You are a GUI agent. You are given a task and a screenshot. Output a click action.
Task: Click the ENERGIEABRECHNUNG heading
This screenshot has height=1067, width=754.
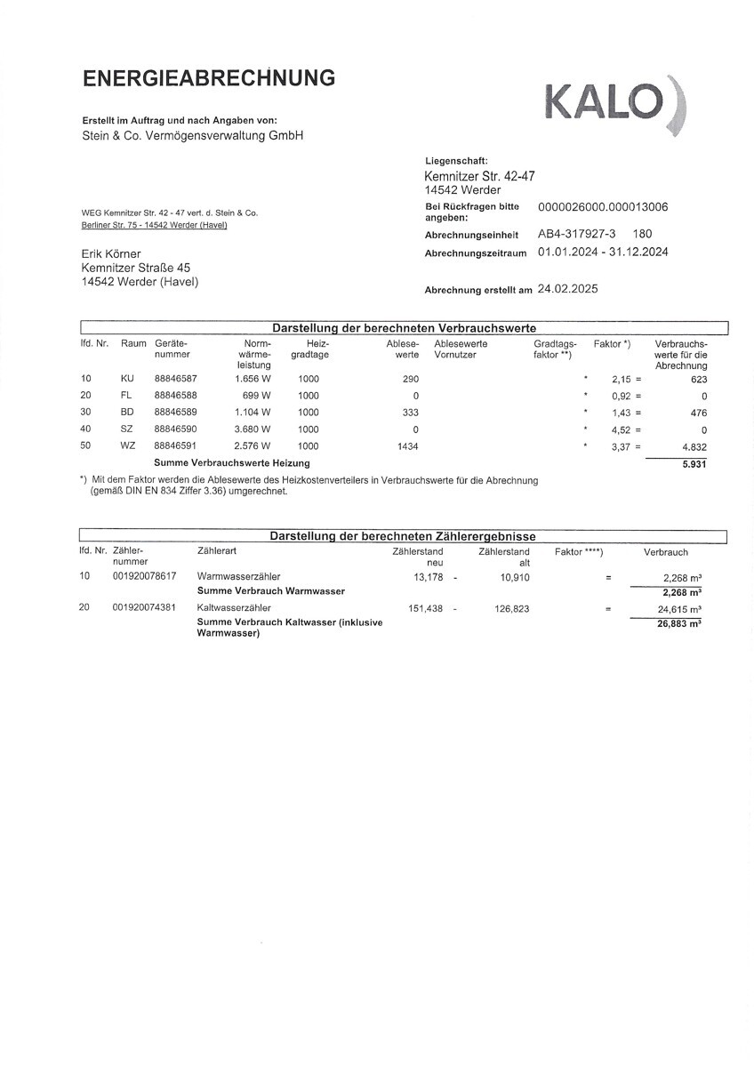pyautogui.click(x=209, y=78)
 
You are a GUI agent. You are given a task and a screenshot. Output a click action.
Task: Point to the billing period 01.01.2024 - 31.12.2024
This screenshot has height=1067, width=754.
pyautogui.click(x=603, y=253)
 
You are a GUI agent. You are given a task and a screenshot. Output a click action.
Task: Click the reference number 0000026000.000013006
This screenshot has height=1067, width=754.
pyautogui.click(x=603, y=207)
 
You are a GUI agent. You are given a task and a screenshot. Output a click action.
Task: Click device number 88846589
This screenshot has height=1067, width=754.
pyautogui.click(x=175, y=412)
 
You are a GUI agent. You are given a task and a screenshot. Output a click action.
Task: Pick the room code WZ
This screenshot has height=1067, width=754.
pyautogui.click(x=127, y=445)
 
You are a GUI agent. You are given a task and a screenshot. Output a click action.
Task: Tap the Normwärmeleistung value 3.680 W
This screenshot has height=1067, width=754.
pyautogui.click(x=253, y=429)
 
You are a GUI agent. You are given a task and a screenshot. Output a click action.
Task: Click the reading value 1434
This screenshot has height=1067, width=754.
pyautogui.click(x=408, y=445)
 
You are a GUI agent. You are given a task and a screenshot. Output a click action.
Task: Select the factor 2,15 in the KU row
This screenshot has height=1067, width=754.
pyautogui.click(x=621, y=378)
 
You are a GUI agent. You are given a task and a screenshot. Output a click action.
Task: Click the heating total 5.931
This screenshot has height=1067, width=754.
pyautogui.click(x=694, y=463)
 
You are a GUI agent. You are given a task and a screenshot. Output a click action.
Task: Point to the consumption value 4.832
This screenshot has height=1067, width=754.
pyautogui.click(x=693, y=445)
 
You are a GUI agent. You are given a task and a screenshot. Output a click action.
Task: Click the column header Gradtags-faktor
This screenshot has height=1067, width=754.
pyautogui.click(x=555, y=349)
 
